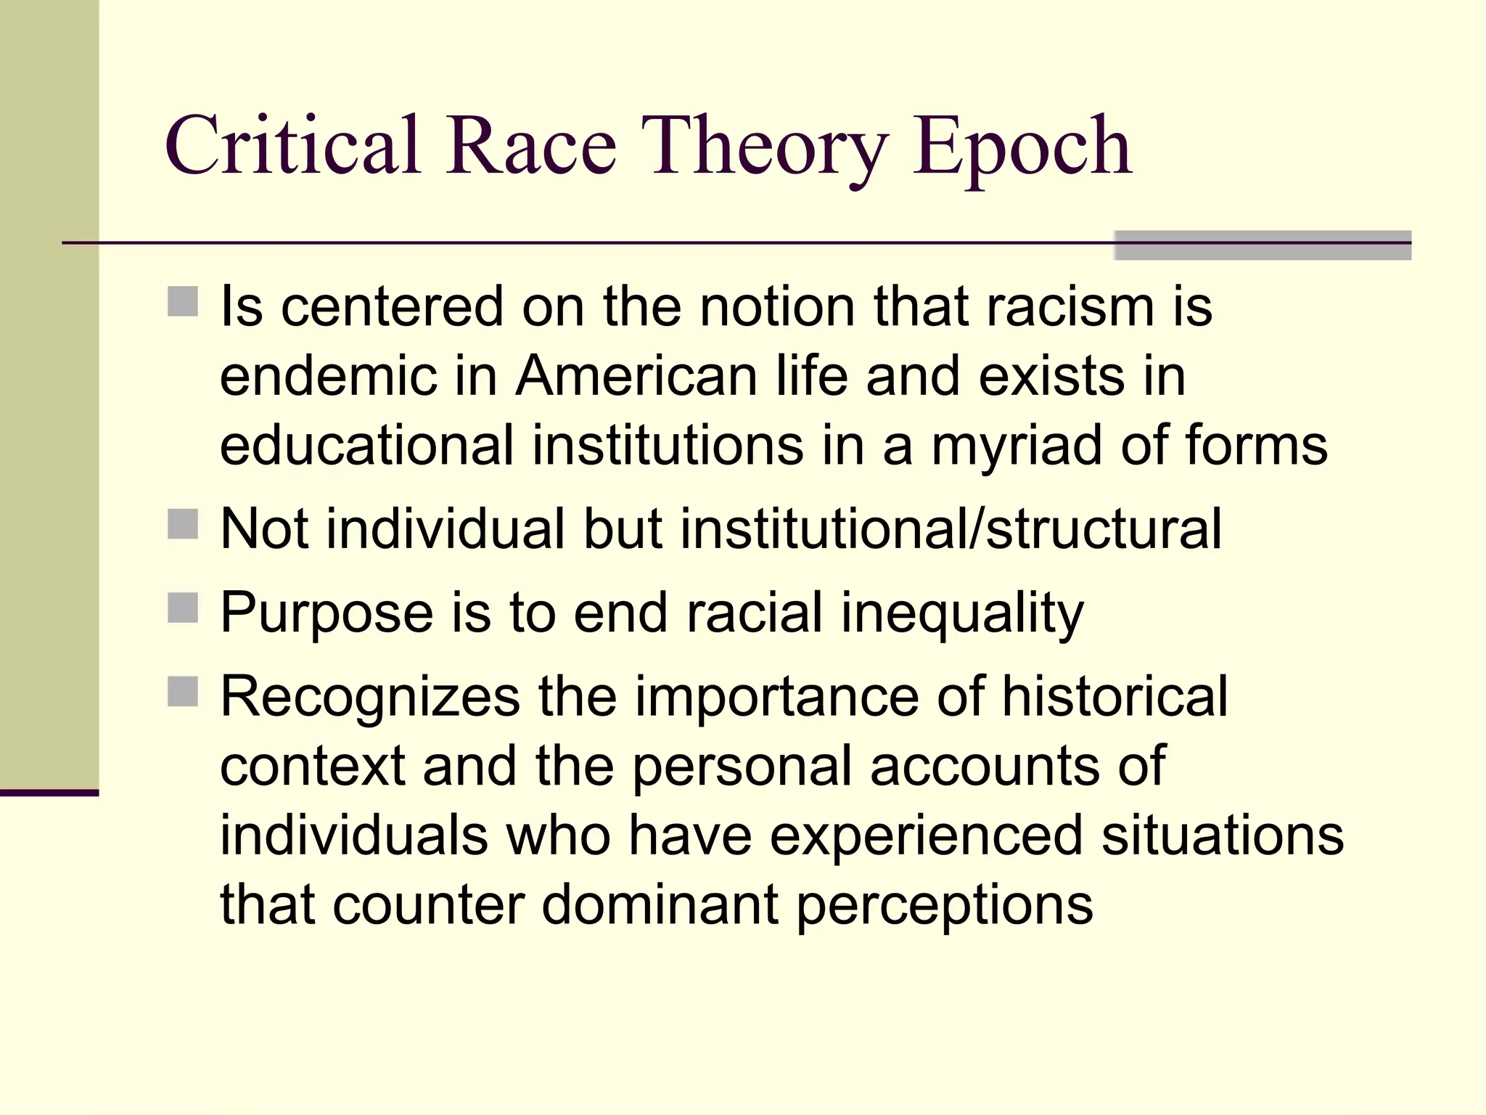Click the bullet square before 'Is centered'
[x=183, y=301]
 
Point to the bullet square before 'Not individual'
[x=183, y=524]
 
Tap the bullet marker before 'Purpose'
[x=183, y=608]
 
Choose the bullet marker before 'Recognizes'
[x=183, y=692]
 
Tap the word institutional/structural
[x=951, y=528]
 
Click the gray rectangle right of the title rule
[x=1262, y=245]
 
